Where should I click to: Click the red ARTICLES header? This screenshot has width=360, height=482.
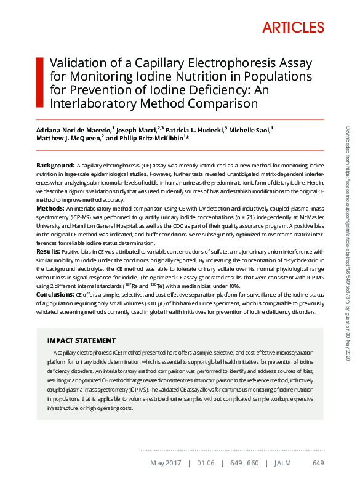coord(292,27)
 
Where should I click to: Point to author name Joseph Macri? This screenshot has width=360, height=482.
coord(137,131)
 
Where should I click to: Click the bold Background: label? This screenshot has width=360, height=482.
coord(55,166)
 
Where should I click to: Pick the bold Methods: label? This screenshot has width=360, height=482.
coord(52,209)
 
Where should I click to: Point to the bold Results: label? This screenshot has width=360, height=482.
coord(49,252)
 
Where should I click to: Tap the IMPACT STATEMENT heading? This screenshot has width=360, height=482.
coord(81,340)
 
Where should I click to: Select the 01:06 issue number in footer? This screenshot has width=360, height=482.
coord(207,463)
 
